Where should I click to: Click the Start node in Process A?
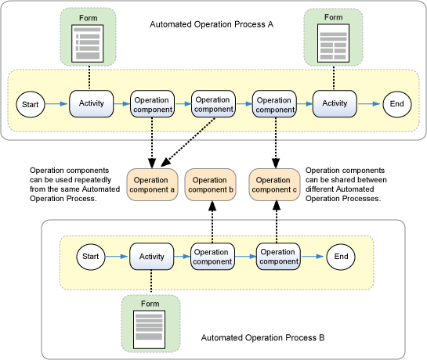[31, 105]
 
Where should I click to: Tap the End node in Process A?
[396, 104]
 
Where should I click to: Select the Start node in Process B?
[91, 257]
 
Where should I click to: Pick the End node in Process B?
[341, 257]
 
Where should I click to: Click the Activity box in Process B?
[152, 257]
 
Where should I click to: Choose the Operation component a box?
[152, 185]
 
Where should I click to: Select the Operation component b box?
[211, 185]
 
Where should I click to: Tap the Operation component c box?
[274, 185]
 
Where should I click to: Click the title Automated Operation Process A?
[212, 24]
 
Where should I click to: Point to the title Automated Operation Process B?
[262, 337]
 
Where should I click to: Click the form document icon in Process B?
[149, 329]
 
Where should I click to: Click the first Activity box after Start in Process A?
[91, 104]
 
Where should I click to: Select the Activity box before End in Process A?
[335, 104]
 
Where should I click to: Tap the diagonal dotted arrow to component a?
[188, 142]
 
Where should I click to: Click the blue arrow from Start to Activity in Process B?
[117, 257]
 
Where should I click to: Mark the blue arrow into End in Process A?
[369, 103]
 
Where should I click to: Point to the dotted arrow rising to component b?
[212, 222]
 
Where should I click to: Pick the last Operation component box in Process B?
[278, 257]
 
